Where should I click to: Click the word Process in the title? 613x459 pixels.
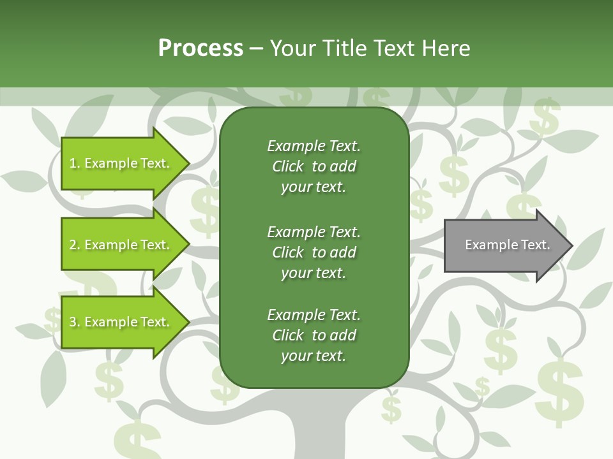[201, 48]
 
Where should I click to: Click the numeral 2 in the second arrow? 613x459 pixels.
[73, 245]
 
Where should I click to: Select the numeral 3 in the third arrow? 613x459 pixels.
[73, 322]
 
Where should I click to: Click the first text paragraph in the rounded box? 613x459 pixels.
[314, 166]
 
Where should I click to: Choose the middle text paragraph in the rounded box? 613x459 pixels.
[314, 252]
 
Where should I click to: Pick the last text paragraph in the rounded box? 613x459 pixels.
[314, 335]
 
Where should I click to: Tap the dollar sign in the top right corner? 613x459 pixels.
[545, 117]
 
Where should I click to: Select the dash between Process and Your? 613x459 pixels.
[256, 48]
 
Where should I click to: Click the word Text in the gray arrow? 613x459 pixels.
[536, 245]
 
